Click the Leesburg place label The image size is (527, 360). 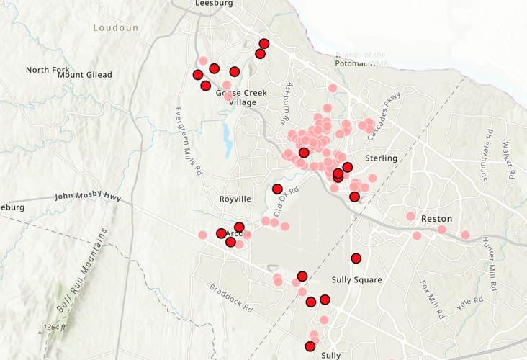(x=214, y=4)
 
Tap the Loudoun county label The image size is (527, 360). (x=115, y=27)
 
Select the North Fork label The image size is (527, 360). (x=48, y=70)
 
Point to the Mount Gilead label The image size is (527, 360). (x=85, y=75)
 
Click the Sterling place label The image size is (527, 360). (x=381, y=158)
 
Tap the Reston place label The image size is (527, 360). (x=436, y=218)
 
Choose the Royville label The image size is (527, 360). (x=235, y=199)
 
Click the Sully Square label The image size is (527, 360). (x=356, y=279)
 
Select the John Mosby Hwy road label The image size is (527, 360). (x=88, y=197)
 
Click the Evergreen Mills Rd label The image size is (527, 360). (x=186, y=141)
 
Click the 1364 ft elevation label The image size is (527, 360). (x=55, y=328)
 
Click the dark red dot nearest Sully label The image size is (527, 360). (x=310, y=346)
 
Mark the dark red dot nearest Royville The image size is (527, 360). (x=277, y=189)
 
